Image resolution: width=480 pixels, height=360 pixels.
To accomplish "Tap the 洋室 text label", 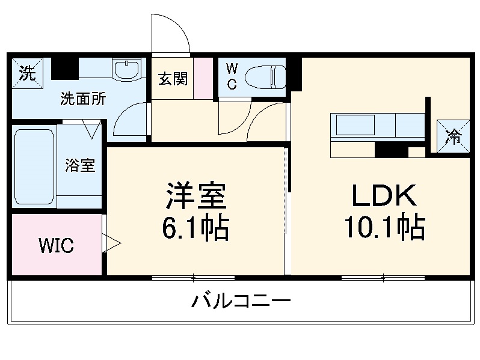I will point(196,196).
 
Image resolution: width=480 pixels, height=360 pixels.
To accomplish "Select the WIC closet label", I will point(56,245).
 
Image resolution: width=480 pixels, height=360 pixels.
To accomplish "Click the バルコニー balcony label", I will point(241,300).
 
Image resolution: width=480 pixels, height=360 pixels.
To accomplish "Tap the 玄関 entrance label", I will point(173,79).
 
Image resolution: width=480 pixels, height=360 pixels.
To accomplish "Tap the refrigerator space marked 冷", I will point(452,137).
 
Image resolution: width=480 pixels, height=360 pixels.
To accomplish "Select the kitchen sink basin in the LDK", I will point(354,126).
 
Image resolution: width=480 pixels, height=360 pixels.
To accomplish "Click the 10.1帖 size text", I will point(384,227).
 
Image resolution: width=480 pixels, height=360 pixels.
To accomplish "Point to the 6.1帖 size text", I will point(195,228).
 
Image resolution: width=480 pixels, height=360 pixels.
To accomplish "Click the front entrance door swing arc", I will point(171,33).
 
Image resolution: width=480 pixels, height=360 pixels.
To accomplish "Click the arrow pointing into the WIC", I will point(112,243).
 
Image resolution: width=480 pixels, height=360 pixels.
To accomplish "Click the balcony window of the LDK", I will point(383,278).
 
